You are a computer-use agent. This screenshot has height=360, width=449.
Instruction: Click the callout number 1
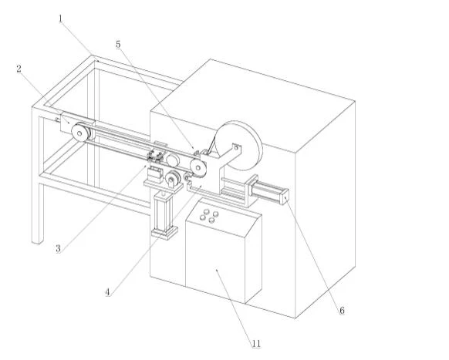click(60, 19)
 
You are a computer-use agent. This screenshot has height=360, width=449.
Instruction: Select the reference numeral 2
click(19, 69)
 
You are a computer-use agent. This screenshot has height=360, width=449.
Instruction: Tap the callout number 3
click(58, 248)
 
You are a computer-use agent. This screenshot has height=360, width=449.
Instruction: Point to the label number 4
click(108, 292)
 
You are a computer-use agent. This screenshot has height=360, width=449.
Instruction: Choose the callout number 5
click(118, 45)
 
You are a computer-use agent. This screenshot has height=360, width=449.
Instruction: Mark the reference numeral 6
click(342, 311)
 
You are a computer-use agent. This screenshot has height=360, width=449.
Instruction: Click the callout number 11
click(256, 343)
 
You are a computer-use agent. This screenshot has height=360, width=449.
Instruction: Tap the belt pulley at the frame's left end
click(80, 132)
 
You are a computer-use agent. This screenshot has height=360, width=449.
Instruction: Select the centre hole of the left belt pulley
click(80, 133)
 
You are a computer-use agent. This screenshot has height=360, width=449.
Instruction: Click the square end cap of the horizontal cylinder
click(285, 197)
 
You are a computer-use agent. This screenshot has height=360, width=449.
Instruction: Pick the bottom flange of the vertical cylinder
click(164, 232)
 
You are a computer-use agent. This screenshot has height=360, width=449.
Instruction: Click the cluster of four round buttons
click(209, 216)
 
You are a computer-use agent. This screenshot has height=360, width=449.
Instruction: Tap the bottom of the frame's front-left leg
click(38, 241)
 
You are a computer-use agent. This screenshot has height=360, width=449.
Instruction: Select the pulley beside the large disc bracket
click(198, 168)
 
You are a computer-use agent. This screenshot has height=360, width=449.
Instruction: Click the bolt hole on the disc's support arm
click(236, 148)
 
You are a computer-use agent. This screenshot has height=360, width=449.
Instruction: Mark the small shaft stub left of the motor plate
click(57, 120)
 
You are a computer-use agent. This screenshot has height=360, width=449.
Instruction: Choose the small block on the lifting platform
click(154, 174)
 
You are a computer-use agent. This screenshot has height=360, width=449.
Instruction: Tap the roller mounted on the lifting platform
click(173, 178)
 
